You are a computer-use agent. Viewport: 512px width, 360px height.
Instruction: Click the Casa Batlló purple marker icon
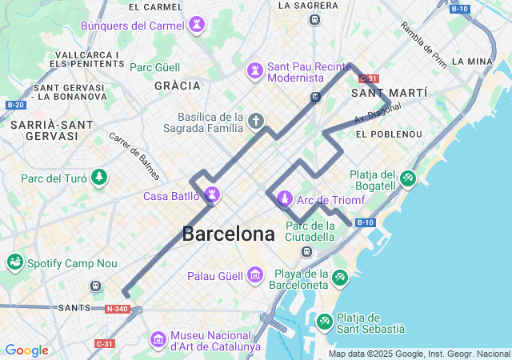click(x=213, y=194)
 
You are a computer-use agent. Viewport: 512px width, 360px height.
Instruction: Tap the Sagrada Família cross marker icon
click(x=255, y=121)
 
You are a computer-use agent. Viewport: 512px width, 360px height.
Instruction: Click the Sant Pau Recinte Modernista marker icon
click(x=254, y=70)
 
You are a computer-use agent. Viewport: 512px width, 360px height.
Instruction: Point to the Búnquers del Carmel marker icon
click(x=196, y=26)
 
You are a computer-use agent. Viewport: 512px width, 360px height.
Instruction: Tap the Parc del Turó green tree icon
click(x=98, y=177)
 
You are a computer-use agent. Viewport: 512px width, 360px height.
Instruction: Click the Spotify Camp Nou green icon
click(x=14, y=262)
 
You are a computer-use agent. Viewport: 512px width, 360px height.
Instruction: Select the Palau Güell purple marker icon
click(x=255, y=275)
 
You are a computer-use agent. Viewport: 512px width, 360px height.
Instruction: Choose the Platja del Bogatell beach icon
click(x=408, y=178)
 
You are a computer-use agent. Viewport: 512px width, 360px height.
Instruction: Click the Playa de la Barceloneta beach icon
click(x=340, y=277)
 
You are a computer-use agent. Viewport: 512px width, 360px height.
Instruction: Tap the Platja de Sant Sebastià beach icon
click(x=325, y=321)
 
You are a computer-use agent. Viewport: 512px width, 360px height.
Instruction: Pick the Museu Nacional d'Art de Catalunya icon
click(x=158, y=340)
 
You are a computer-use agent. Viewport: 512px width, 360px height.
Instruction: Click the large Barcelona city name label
click(x=228, y=234)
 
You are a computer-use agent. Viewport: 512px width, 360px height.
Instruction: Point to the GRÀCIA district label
click(x=177, y=85)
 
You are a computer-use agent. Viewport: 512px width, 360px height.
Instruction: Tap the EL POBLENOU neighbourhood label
click(x=389, y=134)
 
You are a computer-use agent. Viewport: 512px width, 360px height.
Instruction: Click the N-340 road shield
click(x=115, y=308)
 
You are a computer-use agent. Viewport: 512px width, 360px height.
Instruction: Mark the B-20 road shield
click(x=14, y=105)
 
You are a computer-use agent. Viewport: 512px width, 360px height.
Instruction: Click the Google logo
click(x=26, y=350)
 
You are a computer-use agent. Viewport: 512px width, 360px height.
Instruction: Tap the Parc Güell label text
click(x=156, y=67)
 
